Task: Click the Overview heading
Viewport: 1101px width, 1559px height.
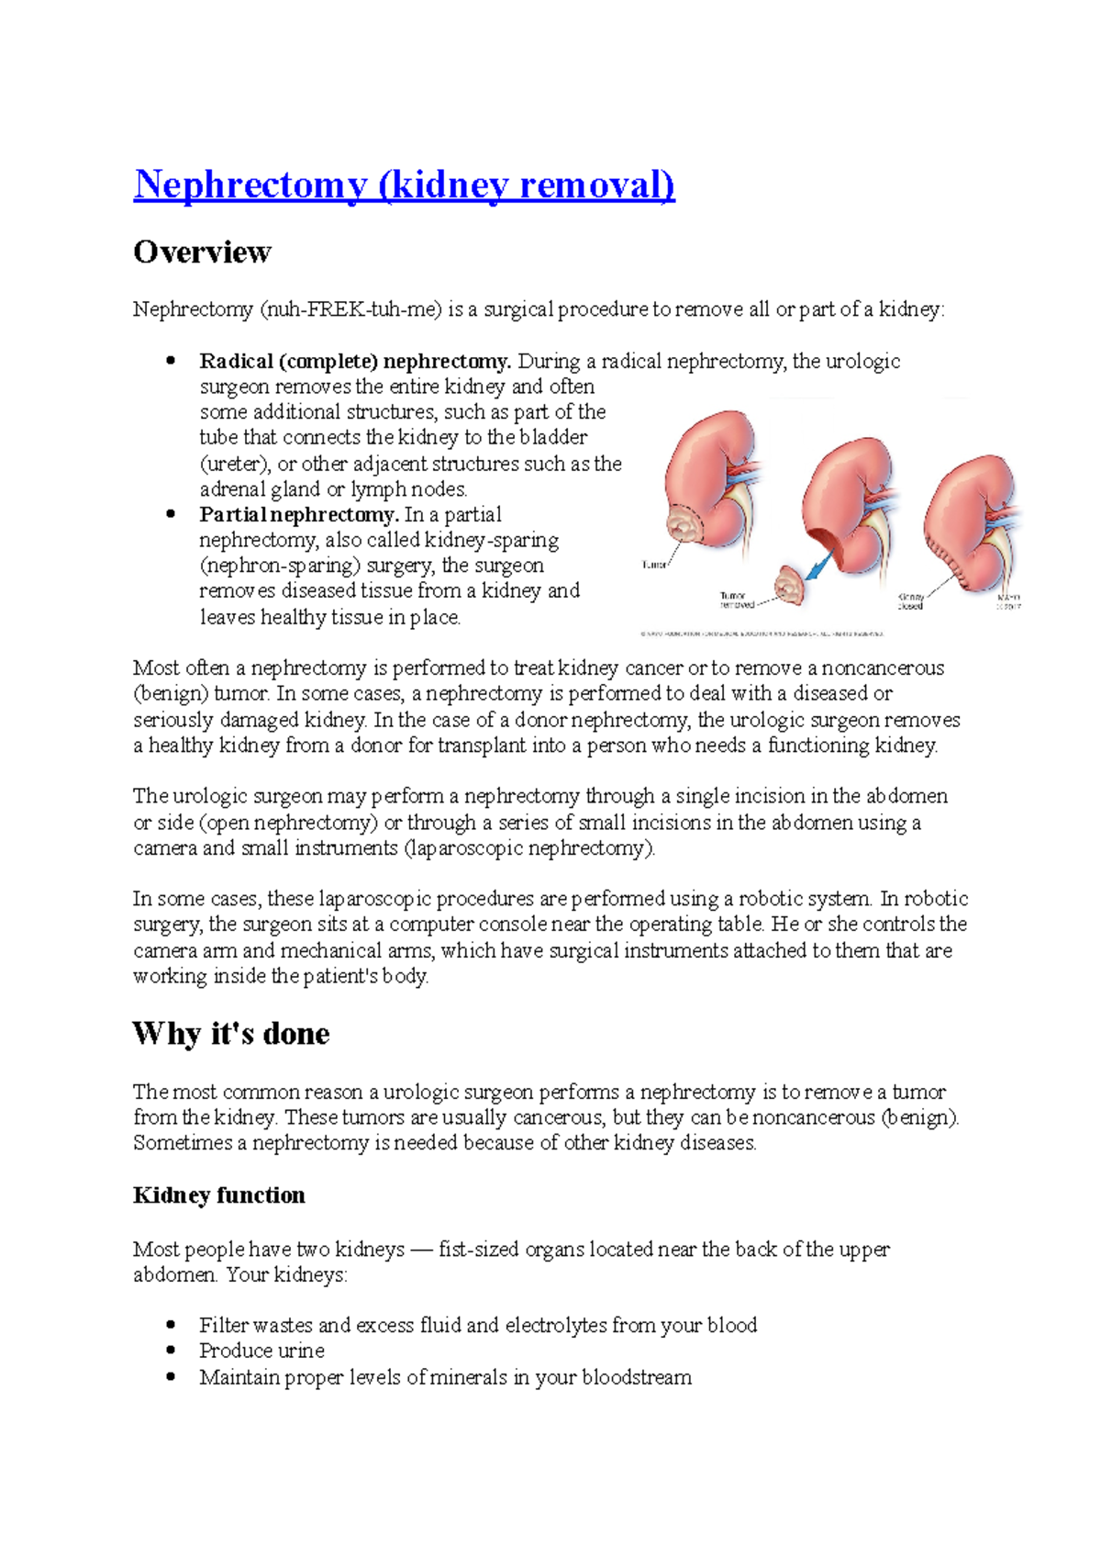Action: pyautogui.click(x=202, y=252)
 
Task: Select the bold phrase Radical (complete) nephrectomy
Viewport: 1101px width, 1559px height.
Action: pyautogui.click(x=355, y=361)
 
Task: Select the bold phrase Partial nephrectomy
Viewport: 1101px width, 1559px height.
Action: pyautogui.click(x=298, y=514)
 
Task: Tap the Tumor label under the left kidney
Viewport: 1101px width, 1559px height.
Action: pyautogui.click(x=654, y=565)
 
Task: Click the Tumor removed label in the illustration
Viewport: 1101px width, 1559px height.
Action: pyautogui.click(x=736, y=600)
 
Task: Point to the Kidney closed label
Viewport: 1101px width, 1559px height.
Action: pyautogui.click(x=910, y=601)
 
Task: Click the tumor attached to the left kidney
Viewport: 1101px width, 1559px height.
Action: pyautogui.click(x=683, y=527)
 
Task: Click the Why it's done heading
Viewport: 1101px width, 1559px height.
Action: pyautogui.click(x=231, y=1034)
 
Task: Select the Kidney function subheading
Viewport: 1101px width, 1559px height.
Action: pyautogui.click(x=218, y=1195)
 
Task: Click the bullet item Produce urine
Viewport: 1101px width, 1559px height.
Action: pyautogui.click(x=261, y=1351)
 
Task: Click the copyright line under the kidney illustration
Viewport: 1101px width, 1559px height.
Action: pyautogui.click(x=762, y=634)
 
